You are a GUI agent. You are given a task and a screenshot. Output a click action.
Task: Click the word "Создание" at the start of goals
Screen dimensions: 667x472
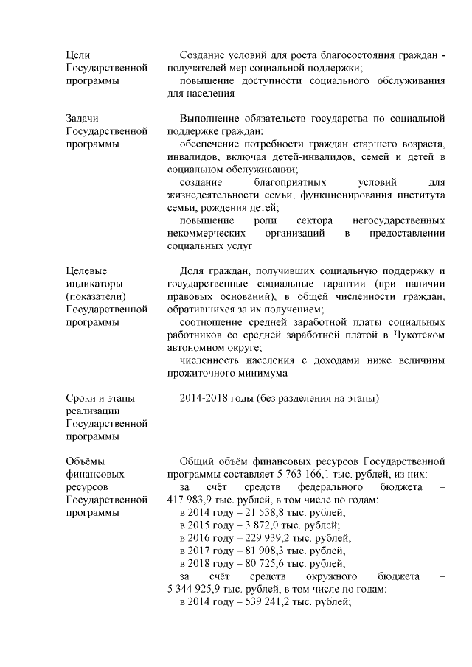(201, 55)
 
